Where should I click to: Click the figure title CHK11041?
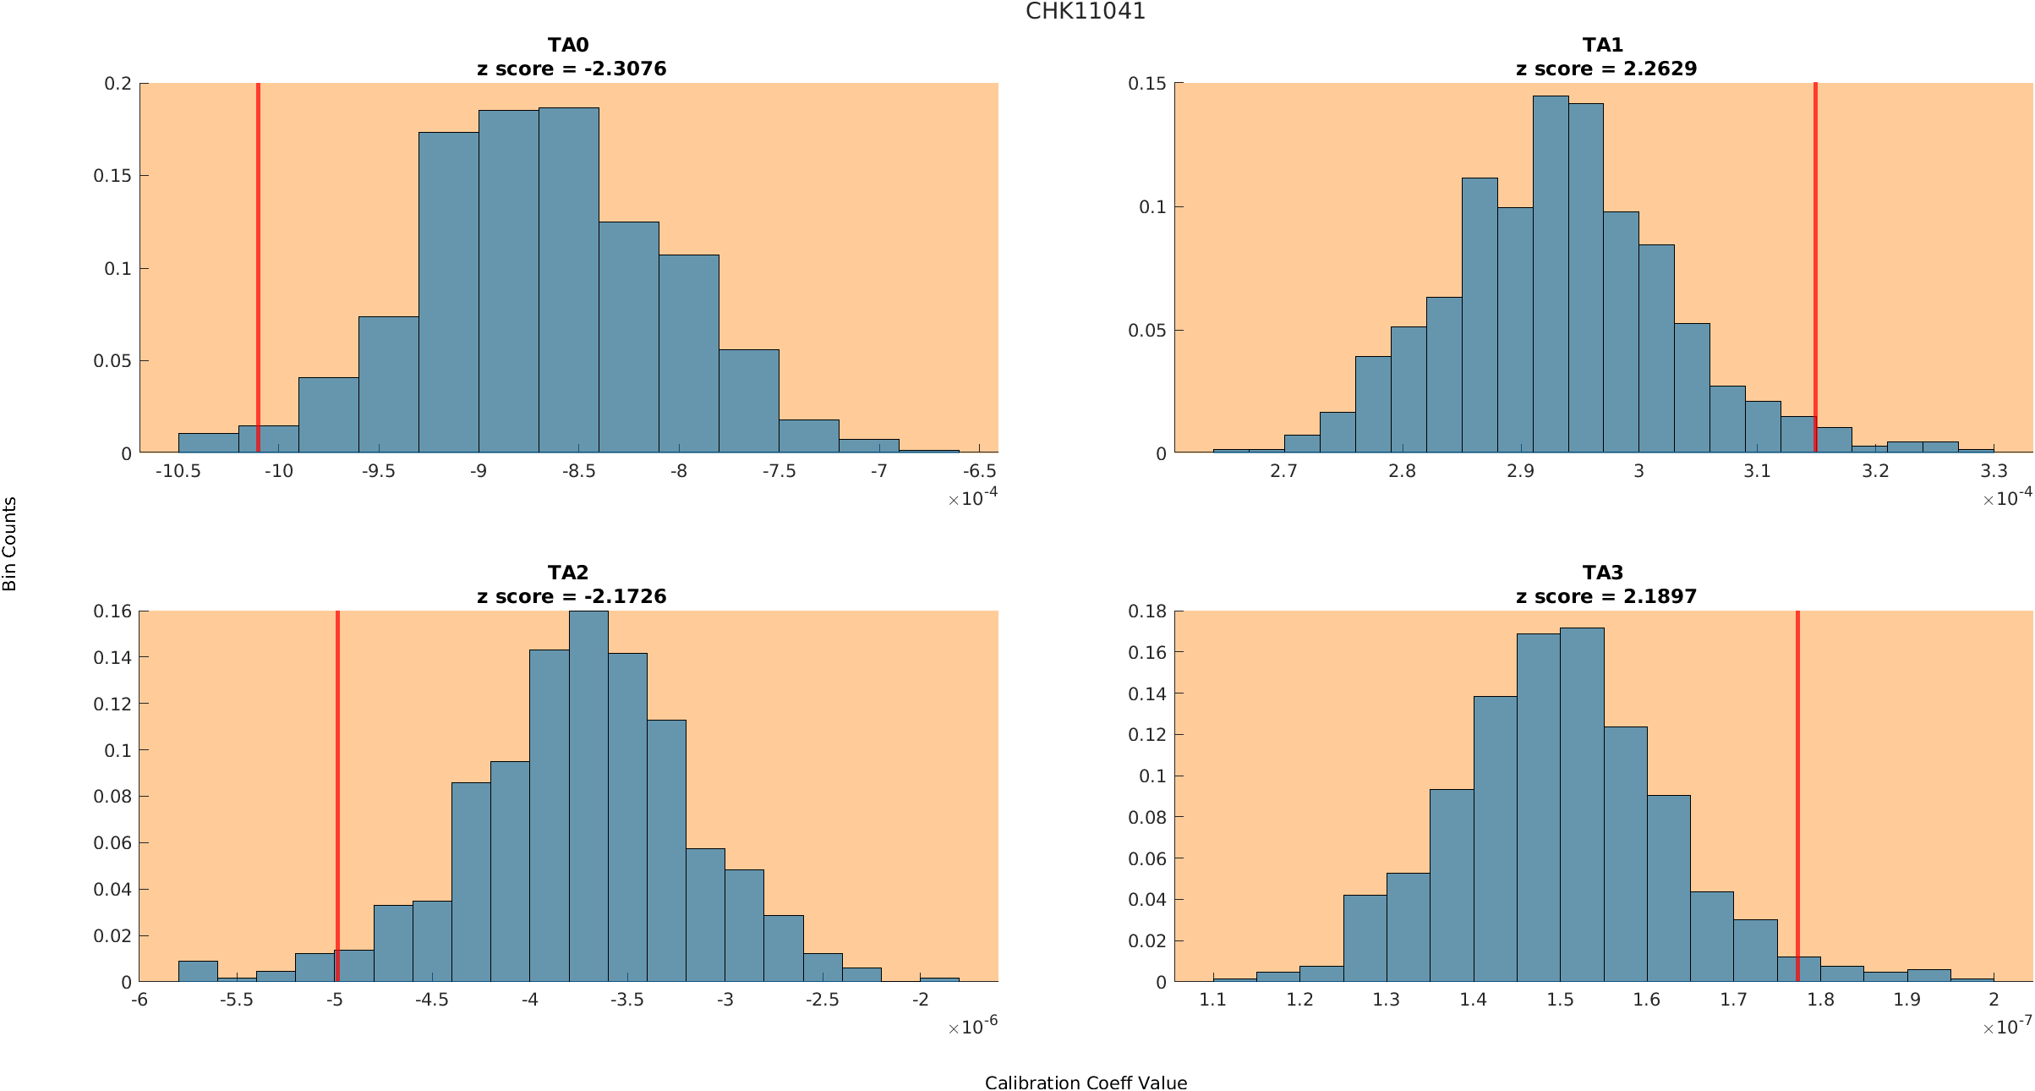(1085, 12)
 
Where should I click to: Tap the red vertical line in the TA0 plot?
(258, 254)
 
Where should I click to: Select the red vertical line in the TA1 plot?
(1815, 254)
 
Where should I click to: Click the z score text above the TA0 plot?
(572, 69)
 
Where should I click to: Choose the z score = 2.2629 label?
(1606, 69)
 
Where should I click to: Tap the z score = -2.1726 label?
(572, 596)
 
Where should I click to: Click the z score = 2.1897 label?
(1606, 596)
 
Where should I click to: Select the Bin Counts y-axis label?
(10, 544)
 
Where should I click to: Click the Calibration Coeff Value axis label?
(1086, 1083)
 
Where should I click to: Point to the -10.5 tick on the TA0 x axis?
(178, 471)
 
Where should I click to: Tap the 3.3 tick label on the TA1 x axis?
(1994, 471)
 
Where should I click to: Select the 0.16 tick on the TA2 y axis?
(112, 611)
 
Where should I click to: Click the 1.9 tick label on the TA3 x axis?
(1906, 1000)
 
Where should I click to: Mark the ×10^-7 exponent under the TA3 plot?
(2007, 1027)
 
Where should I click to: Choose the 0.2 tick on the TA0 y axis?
(118, 83)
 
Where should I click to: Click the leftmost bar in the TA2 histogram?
(198, 972)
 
